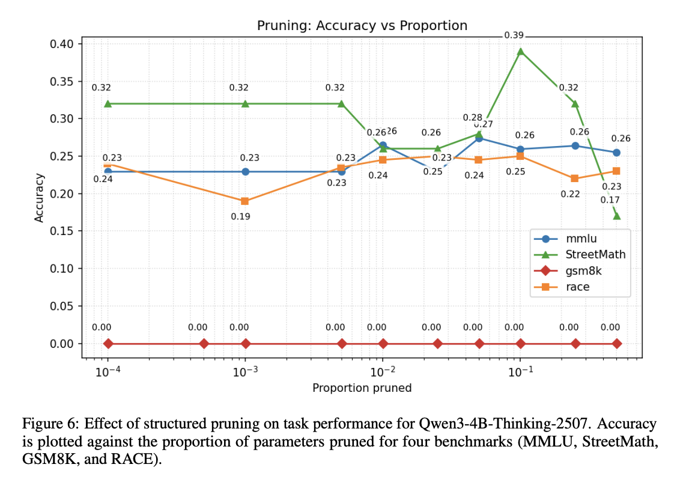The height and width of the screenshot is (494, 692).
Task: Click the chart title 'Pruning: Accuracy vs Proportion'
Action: point(362,25)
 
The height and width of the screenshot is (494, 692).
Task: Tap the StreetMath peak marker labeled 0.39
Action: point(521,51)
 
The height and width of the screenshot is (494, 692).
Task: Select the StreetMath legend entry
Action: point(595,254)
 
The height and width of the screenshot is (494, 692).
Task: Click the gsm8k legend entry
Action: point(583,270)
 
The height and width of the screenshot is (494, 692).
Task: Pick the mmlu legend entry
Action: point(581,238)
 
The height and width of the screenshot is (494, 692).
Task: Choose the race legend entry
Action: point(577,287)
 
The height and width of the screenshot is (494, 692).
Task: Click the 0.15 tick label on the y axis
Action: point(62,231)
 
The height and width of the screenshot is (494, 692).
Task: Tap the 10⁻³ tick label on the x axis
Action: point(245,372)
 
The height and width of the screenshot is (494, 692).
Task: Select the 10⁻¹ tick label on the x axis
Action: point(520,372)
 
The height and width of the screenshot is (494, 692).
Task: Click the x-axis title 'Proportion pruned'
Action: point(362,388)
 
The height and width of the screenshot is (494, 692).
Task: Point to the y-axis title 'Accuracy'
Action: point(40,198)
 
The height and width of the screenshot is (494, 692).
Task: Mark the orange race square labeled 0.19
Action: point(245,201)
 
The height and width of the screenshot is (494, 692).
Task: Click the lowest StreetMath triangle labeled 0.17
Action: point(616,216)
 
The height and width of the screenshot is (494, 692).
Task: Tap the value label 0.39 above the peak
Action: point(514,35)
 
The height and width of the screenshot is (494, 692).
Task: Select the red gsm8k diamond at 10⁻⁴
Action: point(108,344)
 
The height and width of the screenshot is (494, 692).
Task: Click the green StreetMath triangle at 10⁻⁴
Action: point(108,103)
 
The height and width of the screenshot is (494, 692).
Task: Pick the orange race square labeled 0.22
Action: point(575,178)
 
